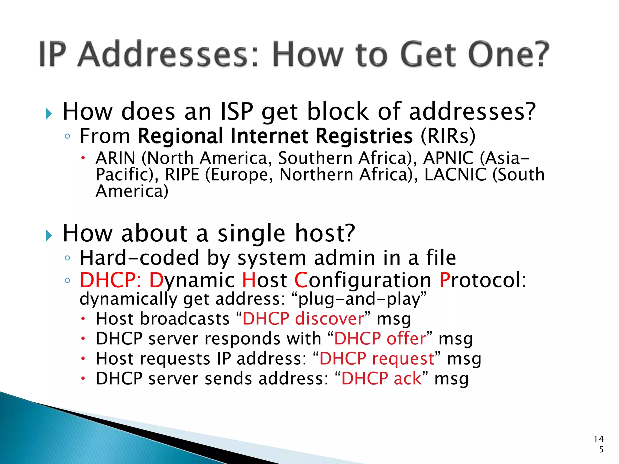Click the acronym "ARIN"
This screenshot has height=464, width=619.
point(115,158)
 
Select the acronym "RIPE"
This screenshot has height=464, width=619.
point(182,175)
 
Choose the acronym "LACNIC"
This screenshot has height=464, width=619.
point(455,175)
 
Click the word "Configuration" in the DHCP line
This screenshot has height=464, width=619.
point(363,280)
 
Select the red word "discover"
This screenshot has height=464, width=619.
point(329,319)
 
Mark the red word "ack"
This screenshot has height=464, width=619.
point(407,379)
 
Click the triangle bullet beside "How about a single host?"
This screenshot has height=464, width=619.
point(49,235)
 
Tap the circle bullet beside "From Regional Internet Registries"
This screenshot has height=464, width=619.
point(67,137)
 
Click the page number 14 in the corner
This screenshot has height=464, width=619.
point(598,439)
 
